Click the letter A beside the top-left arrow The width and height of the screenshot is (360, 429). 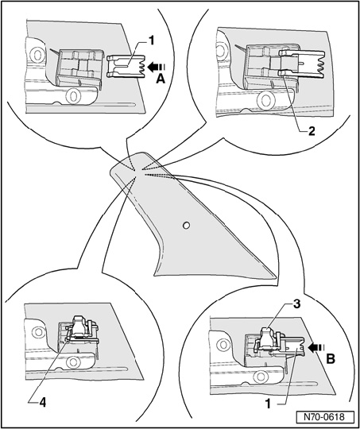(161, 79)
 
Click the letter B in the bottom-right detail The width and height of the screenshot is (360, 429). (331, 359)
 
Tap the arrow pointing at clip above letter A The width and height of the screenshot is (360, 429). (157, 68)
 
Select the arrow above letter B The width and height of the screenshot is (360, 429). (316, 347)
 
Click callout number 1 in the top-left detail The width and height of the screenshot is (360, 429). (151, 41)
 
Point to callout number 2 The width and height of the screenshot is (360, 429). (312, 131)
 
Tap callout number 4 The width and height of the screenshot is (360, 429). (42, 403)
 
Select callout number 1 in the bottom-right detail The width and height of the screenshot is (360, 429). (269, 404)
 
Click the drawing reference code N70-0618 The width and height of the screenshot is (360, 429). (325, 417)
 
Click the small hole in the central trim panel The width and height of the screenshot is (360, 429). (186, 226)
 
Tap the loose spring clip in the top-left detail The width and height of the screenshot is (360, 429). (126, 67)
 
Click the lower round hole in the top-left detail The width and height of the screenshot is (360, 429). (72, 96)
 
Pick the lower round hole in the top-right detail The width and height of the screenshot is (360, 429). (265, 99)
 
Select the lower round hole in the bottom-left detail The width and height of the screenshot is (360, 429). (72, 362)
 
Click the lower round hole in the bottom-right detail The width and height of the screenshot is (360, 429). (259, 377)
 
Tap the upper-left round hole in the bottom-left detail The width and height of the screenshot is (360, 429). (38, 332)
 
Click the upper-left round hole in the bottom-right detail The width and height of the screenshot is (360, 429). (224, 345)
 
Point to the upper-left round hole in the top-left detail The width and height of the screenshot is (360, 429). (37, 55)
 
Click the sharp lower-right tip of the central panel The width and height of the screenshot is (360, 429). (277, 276)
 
